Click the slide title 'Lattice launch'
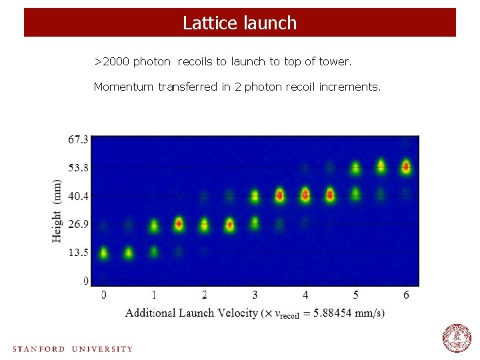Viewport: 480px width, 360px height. point(239,23)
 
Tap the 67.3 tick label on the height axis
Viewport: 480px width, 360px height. point(78,139)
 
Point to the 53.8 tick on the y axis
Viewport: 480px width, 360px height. point(78,167)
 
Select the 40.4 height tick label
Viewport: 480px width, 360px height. point(78,196)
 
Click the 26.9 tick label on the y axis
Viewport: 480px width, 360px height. point(78,224)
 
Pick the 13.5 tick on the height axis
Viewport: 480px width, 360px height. point(78,253)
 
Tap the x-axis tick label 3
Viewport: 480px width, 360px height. point(255,295)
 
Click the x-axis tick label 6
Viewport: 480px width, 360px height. point(406,295)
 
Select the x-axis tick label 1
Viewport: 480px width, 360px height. point(154,295)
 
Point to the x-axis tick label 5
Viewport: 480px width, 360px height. point(356,295)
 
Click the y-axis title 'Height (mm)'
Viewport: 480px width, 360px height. point(57,210)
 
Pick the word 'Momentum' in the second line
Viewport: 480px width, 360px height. point(124,87)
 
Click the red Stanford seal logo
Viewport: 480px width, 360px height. point(457,338)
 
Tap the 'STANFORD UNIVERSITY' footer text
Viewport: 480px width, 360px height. point(73,349)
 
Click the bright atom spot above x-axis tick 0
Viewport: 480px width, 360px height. point(103,253)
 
